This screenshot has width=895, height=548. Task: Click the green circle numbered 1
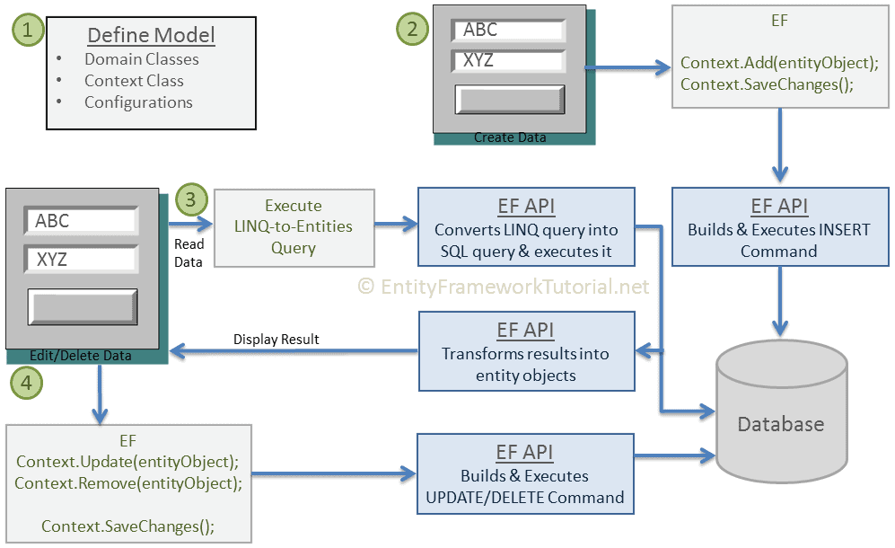pyautogui.click(x=27, y=30)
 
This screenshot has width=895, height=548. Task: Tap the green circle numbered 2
pyautogui.click(x=412, y=28)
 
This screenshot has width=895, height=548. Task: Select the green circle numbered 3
pyautogui.click(x=191, y=199)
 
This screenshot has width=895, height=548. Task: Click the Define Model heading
pyautogui.click(x=151, y=36)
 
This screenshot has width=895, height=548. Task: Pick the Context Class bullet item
pyautogui.click(x=134, y=81)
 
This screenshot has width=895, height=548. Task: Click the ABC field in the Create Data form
pyautogui.click(x=509, y=31)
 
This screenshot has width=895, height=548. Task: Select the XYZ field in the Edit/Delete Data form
pyautogui.click(x=81, y=260)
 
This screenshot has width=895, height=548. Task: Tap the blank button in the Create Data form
pyautogui.click(x=509, y=100)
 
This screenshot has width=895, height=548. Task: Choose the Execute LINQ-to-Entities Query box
pyautogui.click(x=294, y=226)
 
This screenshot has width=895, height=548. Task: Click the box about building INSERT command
pyautogui.click(x=778, y=228)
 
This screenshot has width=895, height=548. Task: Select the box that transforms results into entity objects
pyautogui.click(x=526, y=351)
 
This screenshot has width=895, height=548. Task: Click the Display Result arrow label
pyautogui.click(x=276, y=339)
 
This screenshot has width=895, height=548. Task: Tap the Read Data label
pyautogui.click(x=189, y=252)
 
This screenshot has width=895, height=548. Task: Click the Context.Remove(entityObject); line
pyautogui.click(x=128, y=482)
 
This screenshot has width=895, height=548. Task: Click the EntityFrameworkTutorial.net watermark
pyautogui.click(x=503, y=287)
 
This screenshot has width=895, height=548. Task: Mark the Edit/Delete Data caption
pyautogui.click(x=81, y=356)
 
